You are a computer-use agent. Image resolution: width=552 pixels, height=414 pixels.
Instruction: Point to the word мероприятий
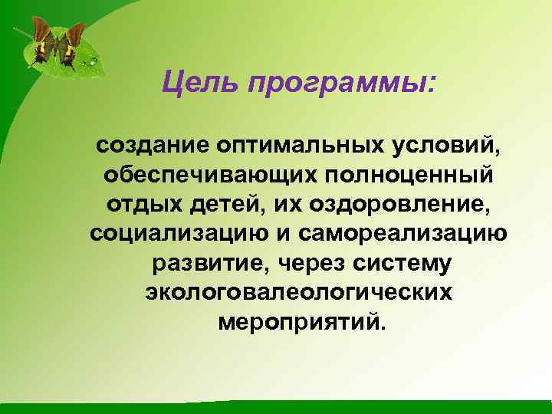point(298,322)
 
